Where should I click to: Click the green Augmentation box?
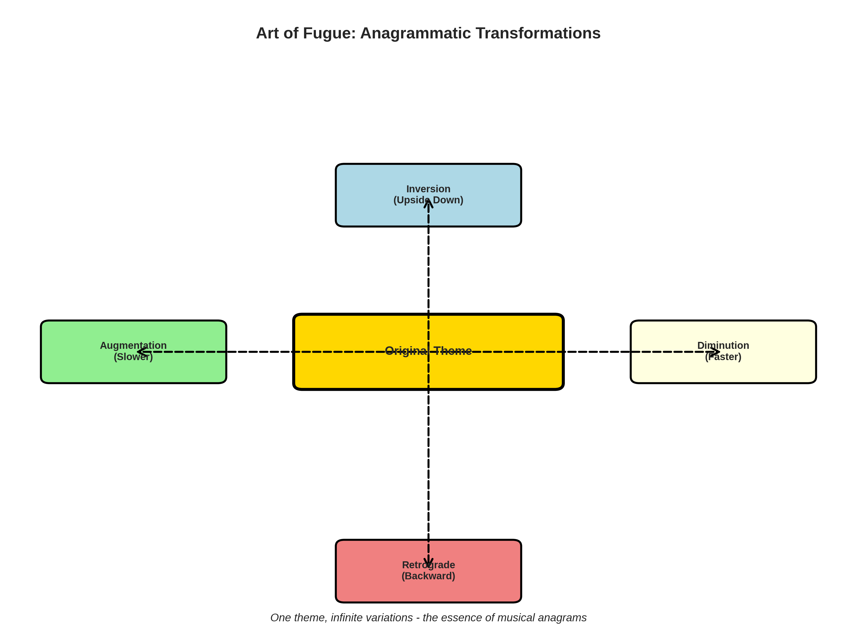click(78, 368)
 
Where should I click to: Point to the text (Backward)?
click(428, 576)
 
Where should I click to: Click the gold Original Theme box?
click(349, 372)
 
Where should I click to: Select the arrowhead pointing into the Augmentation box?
click(140, 352)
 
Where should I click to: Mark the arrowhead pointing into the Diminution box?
click(717, 352)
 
